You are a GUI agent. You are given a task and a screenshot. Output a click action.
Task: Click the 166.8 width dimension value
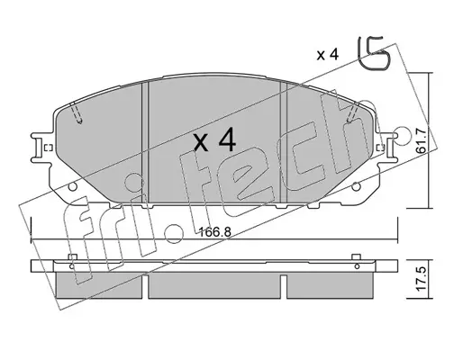click(x=215, y=232)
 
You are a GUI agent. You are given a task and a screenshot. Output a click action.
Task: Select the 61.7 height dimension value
click(x=421, y=140)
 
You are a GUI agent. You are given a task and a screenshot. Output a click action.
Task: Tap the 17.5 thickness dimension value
click(x=421, y=279)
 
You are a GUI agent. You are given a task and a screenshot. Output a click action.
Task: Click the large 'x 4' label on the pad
click(x=214, y=139)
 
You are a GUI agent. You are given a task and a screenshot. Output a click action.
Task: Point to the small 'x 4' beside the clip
click(x=328, y=55)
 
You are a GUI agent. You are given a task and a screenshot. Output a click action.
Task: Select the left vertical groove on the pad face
click(x=145, y=143)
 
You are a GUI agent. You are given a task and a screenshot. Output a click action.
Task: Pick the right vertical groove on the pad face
click(x=284, y=143)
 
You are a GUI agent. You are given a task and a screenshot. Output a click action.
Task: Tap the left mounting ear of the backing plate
click(x=41, y=148)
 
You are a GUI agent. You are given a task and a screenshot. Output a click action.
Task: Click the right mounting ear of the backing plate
click(x=387, y=148)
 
